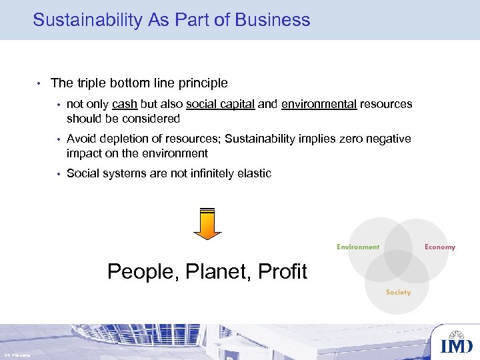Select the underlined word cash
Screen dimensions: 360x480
coord(125,104)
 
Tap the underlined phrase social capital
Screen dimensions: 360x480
coord(220,104)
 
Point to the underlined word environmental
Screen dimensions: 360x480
coord(319,104)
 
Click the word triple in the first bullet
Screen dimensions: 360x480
coord(91,83)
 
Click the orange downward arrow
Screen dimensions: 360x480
coord(207,223)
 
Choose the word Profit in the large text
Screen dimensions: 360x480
coord(281,272)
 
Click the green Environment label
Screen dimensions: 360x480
coord(358,247)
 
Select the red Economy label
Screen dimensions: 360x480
coord(440,247)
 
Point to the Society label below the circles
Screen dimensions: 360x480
coord(399,293)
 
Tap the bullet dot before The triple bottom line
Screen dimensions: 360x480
coord(39,84)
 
